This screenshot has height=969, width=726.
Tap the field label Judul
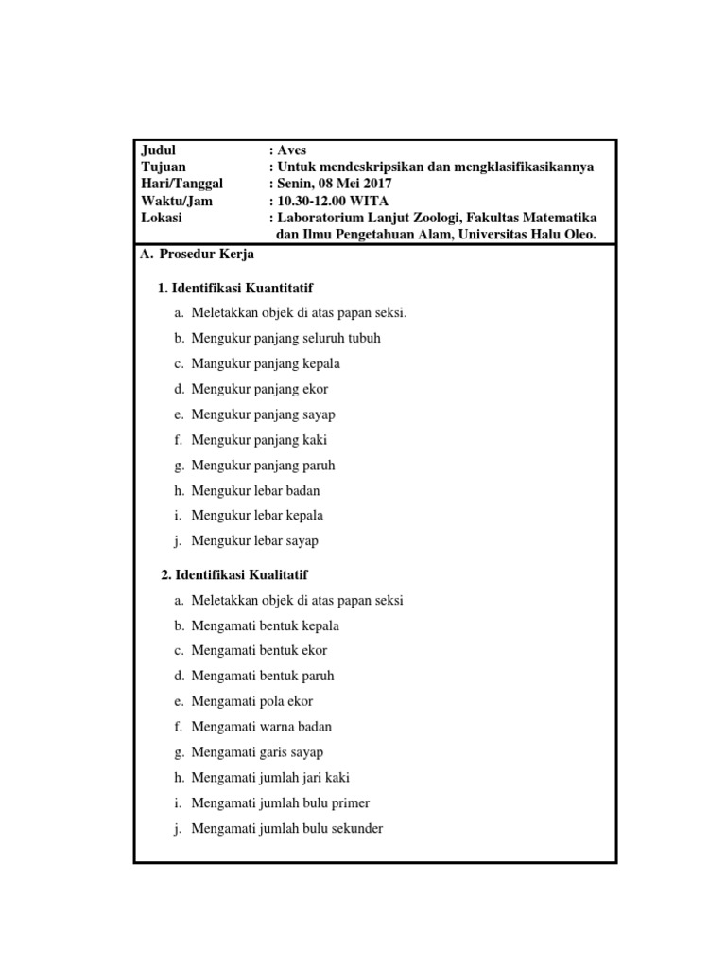[x=159, y=150]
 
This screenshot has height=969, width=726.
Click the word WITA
[x=370, y=201]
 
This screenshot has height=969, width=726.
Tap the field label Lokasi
[x=162, y=218]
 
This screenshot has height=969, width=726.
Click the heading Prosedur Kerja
[x=207, y=255]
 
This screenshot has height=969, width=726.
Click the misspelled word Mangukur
[x=218, y=363]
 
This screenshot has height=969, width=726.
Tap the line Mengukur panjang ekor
[x=260, y=389]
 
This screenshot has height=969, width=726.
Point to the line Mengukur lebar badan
[x=255, y=490]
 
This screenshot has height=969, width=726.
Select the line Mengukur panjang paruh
[x=263, y=465]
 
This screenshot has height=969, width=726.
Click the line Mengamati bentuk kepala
[x=265, y=625]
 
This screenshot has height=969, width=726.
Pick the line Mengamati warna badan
[x=261, y=727]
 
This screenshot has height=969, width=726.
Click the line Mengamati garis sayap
[x=257, y=752]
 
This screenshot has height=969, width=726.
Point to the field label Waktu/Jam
[x=177, y=201]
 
